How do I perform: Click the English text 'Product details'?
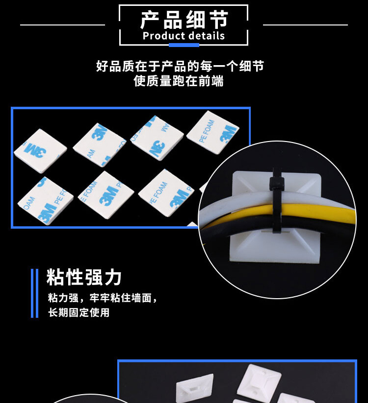click(184, 36)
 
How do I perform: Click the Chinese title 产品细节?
click(184, 20)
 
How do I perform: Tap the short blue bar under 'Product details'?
click(184, 45)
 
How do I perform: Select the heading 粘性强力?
click(84, 277)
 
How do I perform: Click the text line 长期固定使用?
click(79, 312)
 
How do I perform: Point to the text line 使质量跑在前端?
click(179, 81)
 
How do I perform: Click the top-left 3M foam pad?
click(40, 151)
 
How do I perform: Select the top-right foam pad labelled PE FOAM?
click(213, 132)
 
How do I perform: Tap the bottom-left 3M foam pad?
click(45, 201)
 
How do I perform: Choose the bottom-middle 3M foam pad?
click(106, 195)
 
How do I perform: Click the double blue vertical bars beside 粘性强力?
click(34, 293)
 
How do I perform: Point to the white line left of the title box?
click(63, 25)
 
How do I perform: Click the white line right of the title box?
click(305, 25)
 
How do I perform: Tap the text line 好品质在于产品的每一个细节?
click(180, 66)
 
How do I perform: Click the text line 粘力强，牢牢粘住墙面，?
click(103, 298)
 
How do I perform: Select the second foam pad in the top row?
click(100, 145)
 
